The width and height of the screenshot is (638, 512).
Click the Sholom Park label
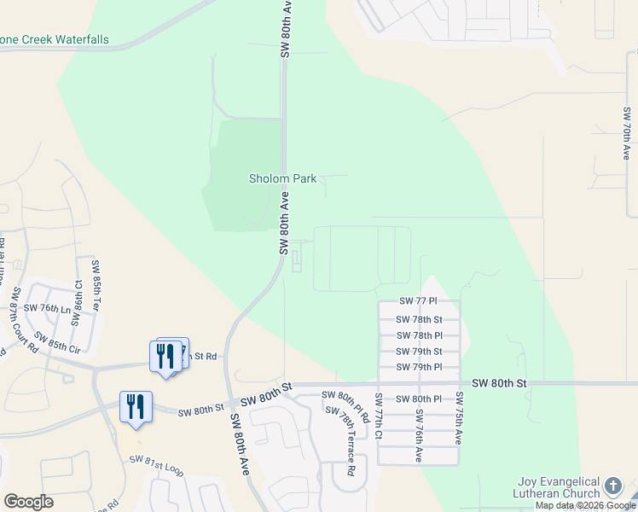pos(282,179)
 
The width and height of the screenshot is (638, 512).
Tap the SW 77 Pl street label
pos(418,302)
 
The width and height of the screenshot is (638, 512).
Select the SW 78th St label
pos(419,319)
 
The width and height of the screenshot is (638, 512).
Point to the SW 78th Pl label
pos(419,335)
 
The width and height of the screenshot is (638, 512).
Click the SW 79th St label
pos(419,352)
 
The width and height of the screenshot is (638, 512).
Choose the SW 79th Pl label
pos(419,368)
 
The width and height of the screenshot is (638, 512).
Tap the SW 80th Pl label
pos(420,399)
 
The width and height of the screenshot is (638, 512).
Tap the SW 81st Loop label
pos(156,465)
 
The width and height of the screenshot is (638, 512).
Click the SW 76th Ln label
pos(47,308)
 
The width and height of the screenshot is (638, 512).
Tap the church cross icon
pos(613,487)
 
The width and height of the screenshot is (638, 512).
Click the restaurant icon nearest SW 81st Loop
pos(136,406)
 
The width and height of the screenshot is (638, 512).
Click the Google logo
pos(28,502)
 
